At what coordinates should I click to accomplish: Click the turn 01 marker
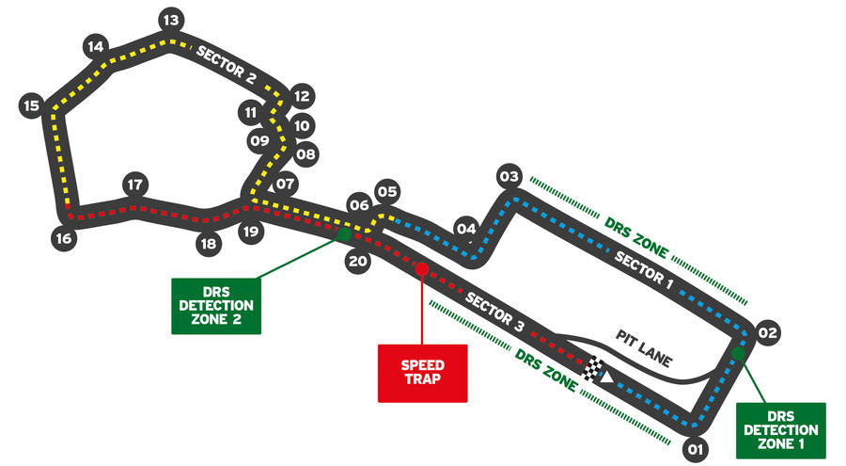click(x=696, y=449)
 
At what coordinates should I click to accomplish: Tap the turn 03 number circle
click(x=509, y=177)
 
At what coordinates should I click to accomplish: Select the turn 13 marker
click(x=171, y=21)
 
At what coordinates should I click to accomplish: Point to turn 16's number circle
click(x=64, y=238)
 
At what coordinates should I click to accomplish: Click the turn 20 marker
click(x=358, y=262)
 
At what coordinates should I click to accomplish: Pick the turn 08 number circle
click(x=305, y=154)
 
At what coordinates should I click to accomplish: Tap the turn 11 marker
click(x=251, y=112)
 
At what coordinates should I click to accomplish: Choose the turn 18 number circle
click(x=209, y=244)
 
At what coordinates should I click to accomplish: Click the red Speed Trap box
click(x=422, y=373)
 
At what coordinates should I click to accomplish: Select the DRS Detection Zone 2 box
click(x=216, y=306)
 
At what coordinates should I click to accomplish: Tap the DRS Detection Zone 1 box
click(x=781, y=431)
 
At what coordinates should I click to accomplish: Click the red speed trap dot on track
click(x=421, y=268)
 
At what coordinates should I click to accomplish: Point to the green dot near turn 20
click(x=344, y=234)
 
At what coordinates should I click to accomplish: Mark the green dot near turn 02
click(x=738, y=354)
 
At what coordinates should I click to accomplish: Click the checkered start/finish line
click(x=592, y=369)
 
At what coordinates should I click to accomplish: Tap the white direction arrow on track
click(x=607, y=377)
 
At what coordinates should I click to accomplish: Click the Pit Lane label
click(x=644, y=349)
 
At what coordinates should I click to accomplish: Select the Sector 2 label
click(x=226, y=65)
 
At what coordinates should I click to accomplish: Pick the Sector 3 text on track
click(x=494, y=312)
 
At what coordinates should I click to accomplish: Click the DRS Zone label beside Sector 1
click(x=636, y=238)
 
